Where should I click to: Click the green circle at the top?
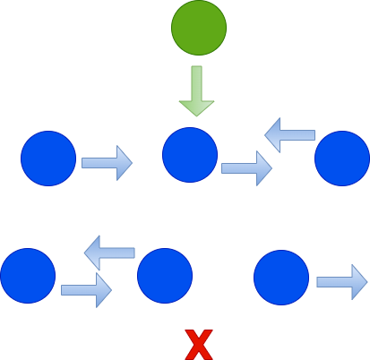coord(199,28)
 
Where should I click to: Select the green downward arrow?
coord(196,90)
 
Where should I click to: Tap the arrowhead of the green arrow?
coord(196,107)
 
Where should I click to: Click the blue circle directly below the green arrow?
coord(190,155)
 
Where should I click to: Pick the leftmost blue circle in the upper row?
coord(48,159)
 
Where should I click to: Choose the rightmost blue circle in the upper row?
coord(341,159)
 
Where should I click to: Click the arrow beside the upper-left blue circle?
coord(107,163)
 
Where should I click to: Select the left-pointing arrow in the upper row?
coord(289,135)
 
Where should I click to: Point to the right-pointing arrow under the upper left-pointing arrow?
coord(246,167)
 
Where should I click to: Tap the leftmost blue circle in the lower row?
coord(28,276)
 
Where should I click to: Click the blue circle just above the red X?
coord(165,276)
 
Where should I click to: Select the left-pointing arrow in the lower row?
coord(109,253)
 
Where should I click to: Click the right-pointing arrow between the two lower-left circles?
coord(86,289)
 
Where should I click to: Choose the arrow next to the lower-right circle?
coord(341,282)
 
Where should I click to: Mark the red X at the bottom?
coord(198,344)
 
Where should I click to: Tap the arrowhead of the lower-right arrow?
coord(358,282)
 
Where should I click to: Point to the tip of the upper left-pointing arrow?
coord(267,135)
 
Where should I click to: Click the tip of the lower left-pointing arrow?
coord(87,253)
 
